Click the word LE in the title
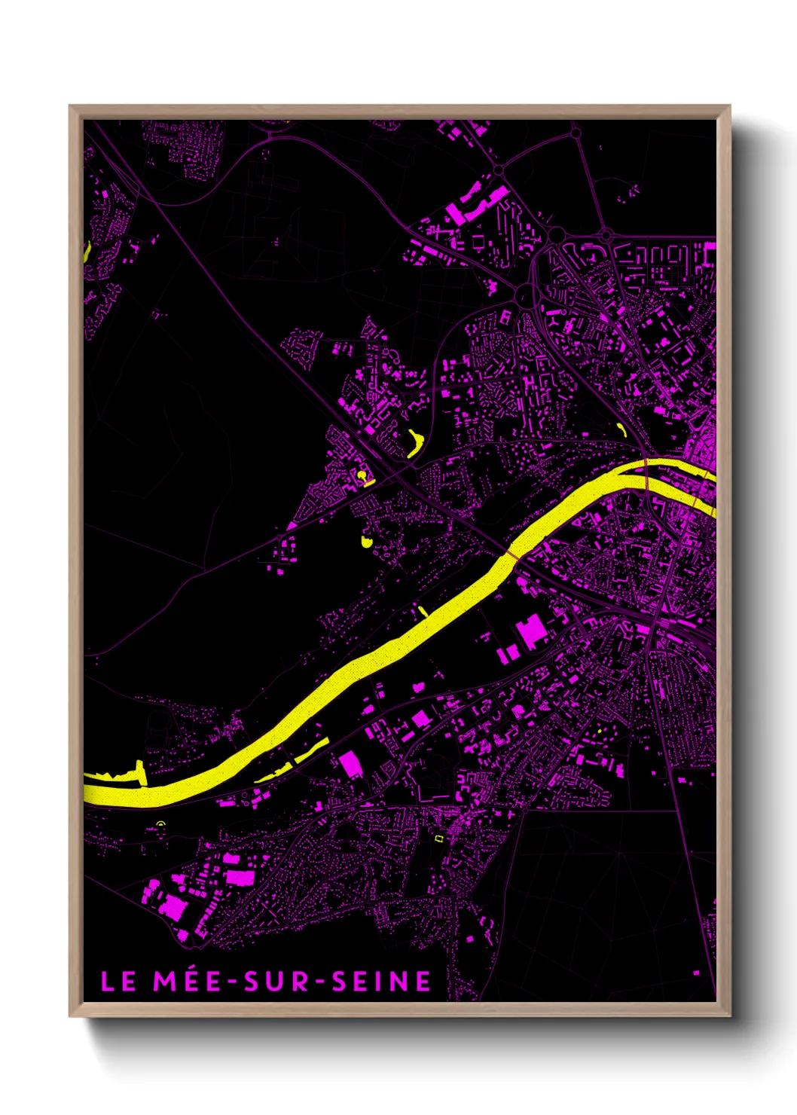(x=118, y=982)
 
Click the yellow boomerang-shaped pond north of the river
(x=414, y=443)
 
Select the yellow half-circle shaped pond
(x=367, y=541)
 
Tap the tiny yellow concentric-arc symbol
(x=160, y=824)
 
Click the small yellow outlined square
(x=438, y=838)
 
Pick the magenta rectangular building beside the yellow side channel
(x=350, y=765)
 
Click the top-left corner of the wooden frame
(x=71, y=107)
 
